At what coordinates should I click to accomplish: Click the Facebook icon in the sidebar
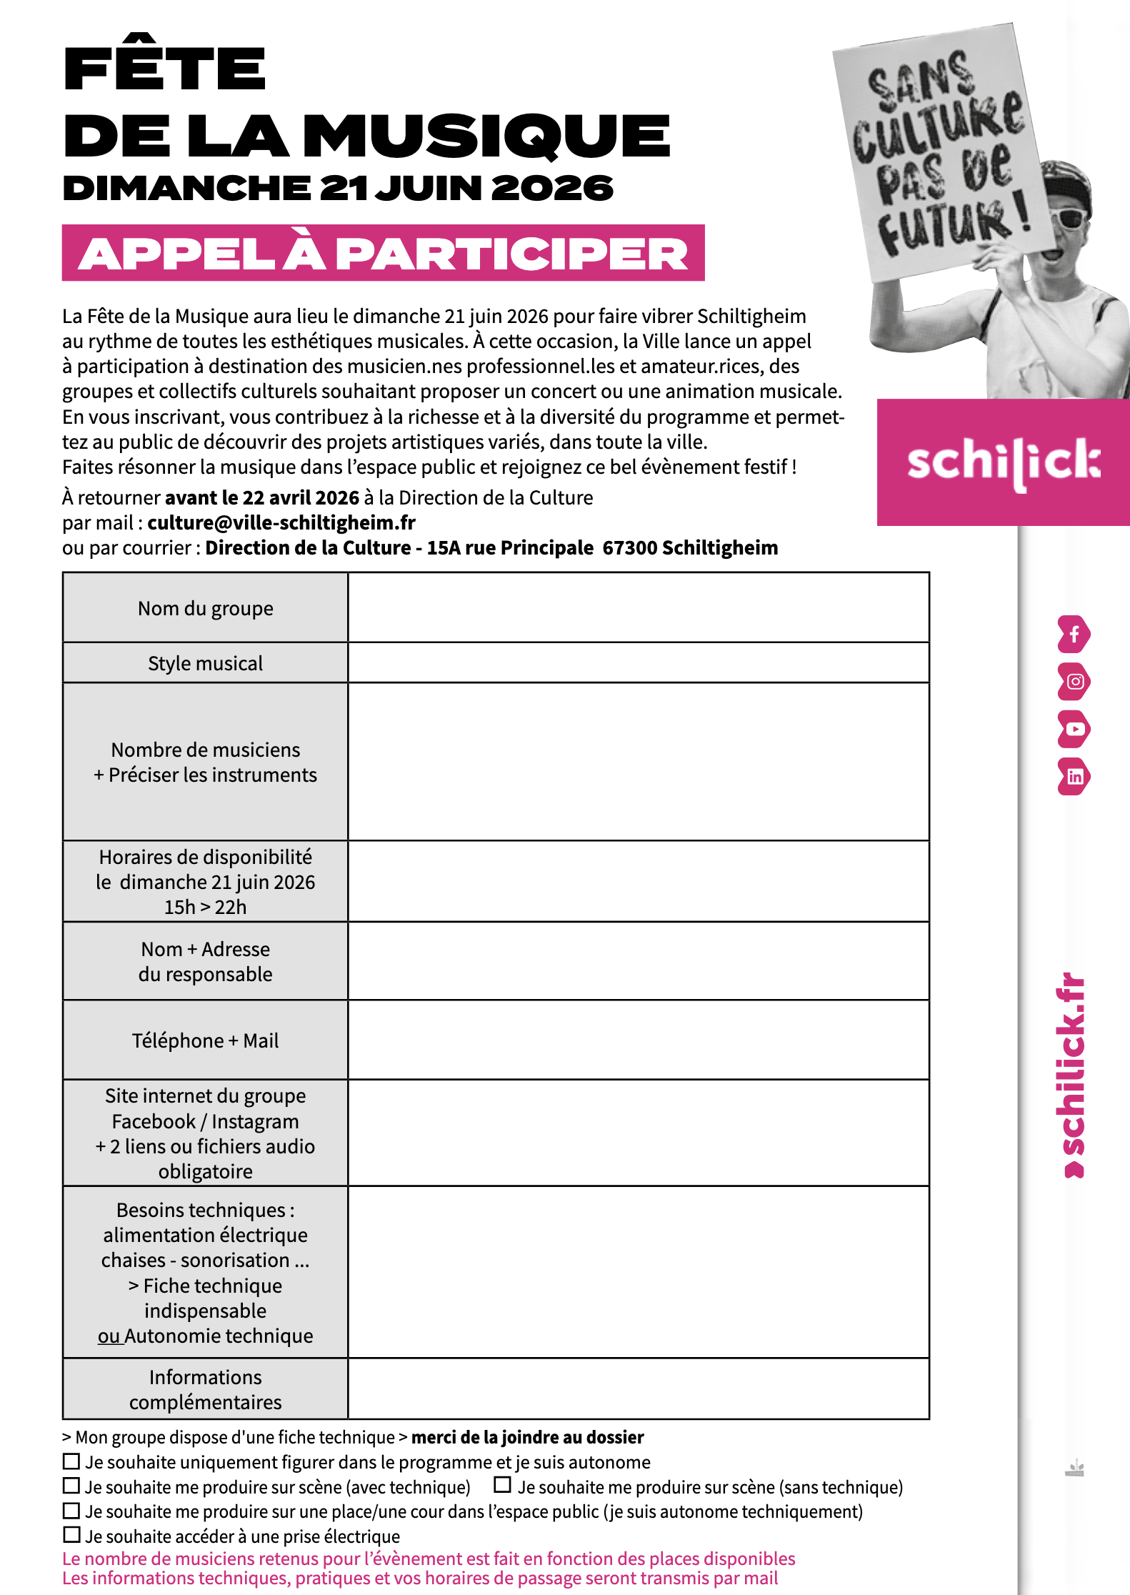click(x=1074, y=635)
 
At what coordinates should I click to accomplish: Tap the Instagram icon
click(x=1074, y=682)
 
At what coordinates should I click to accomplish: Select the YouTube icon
click(x=1074, y=729)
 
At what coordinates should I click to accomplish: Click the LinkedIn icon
click(x=1074, y=777)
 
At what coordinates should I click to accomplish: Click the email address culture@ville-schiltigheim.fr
click(x=281, y=523)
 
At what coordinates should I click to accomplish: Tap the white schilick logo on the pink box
click(x=1003, y=462)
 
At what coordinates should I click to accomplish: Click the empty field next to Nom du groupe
click(x=638, y=607)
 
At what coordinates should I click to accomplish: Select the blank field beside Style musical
click(x=638, y=662)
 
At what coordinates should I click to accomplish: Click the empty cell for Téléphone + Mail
click(x=638, y=1040)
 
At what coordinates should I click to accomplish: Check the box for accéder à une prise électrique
click(x=71, y=1534)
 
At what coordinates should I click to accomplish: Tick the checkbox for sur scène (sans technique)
click(x=503, y=1485)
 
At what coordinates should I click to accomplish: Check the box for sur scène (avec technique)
click(x=71, y=1486)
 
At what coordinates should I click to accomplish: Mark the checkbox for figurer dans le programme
click(x=71, y=1461)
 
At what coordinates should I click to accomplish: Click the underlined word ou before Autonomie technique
click(x=109, y=1336)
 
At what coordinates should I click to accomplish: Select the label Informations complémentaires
click(x=206, y=1389)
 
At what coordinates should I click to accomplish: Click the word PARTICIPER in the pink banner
click(x=511, y=254)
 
